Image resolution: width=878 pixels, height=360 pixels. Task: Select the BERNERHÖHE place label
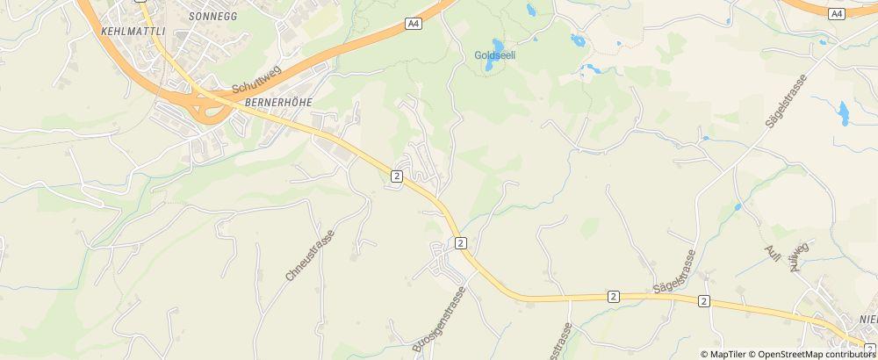click(278, 103)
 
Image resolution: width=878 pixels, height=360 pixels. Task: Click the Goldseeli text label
click(494, 55)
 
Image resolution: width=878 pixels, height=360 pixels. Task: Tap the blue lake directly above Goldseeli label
click(498, 44)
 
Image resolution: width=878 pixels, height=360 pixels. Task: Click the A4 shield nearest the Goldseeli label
click(414, 24)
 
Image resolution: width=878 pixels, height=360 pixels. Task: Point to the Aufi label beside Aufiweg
click(773, 253)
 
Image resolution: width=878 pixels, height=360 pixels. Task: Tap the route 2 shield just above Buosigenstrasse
click(459, 241)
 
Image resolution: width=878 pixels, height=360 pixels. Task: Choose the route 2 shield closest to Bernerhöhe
click(397, 176)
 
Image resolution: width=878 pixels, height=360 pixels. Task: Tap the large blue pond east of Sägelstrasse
click(844, 112)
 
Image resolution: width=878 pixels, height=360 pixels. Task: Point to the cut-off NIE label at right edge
click(867, 320)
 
